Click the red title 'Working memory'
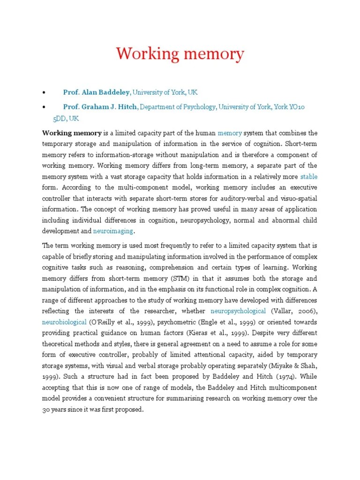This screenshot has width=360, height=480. (x=180, y=54)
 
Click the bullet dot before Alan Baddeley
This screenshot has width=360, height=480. (x=44, y=93)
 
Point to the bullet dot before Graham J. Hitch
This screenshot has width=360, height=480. (x=44, y=107)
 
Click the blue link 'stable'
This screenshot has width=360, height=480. (x=308, y=177)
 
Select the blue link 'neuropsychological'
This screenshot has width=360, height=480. (x=238, y=311)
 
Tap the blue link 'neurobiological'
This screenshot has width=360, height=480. (x=64, y=322)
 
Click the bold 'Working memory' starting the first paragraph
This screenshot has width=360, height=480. (x=72, y=133)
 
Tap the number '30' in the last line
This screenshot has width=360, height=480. (x=47, y=409)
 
